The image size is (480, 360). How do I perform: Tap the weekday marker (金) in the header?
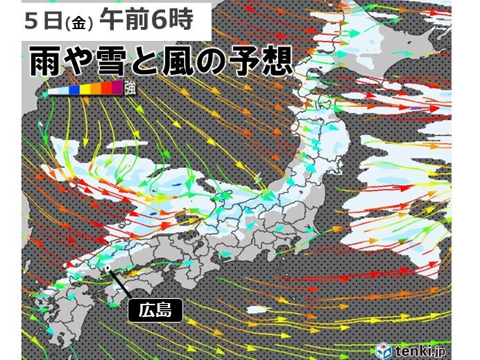[x=78, y=24]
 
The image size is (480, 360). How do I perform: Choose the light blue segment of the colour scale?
[x=64, y=90]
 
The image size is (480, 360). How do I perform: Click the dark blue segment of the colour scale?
[x=74, y=89]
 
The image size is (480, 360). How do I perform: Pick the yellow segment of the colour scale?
[x=85, y=89]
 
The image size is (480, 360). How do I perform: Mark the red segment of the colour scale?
[x=106, y=87]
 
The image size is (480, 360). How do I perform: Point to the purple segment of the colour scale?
[x=117, y=87]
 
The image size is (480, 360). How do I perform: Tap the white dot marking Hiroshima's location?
[x=109, y=266]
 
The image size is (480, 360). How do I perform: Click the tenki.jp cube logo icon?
[x=383, y=350]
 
